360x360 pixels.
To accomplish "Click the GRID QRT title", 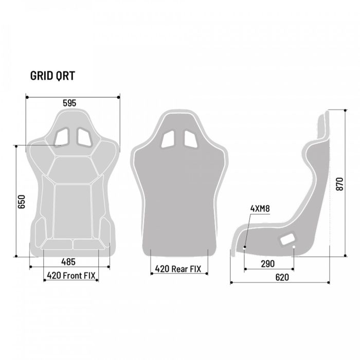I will coord(53,76).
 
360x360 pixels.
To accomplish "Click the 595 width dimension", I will coord(69,103).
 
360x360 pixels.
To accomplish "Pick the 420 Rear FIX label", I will coord(178,268).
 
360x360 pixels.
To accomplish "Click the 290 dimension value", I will coord(267,264).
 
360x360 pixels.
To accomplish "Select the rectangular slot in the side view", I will coord(286,238).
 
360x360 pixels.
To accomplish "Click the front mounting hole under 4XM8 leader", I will coord(245,247).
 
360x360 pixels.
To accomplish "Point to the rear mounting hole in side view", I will coord(294,247).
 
